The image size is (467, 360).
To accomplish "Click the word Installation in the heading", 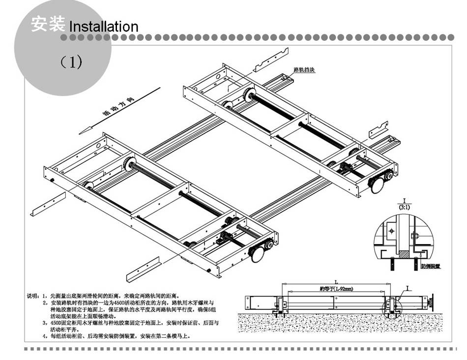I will tap(104, 26).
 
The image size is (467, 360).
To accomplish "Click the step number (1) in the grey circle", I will tap(71, 62).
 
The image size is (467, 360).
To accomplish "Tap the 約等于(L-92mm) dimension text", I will tap(336, 289).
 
